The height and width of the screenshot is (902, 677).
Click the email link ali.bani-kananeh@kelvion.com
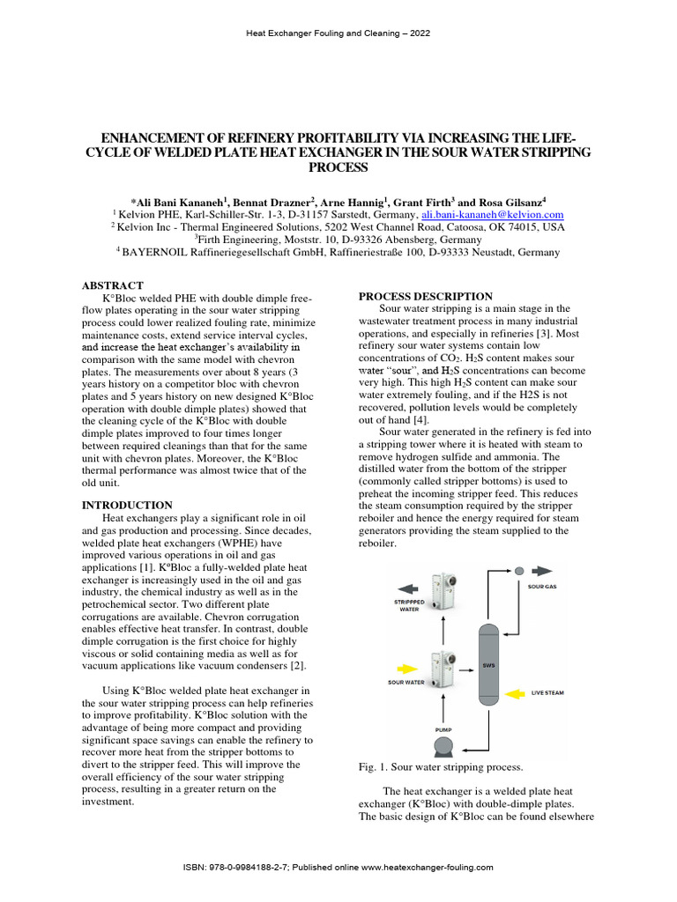pyautogui.click(x=493, y=214)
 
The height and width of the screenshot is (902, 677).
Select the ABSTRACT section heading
pyautogui.click(x=112, y=285)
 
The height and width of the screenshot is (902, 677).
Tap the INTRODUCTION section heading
pyautogui.click(x=127, y=505)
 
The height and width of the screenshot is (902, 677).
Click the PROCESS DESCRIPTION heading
pyautogui.click(x=426, y=296)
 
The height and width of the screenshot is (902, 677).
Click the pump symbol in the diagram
pyautogui.click(x=443, y=747)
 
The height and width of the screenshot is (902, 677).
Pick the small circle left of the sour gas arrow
pyautogui.click(x=519, y=570)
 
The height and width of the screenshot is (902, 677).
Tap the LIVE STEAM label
pyautogui.click(x=547, y=692)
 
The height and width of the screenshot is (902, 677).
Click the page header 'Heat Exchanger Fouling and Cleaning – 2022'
pyautogui.click(x=338, y=33)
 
